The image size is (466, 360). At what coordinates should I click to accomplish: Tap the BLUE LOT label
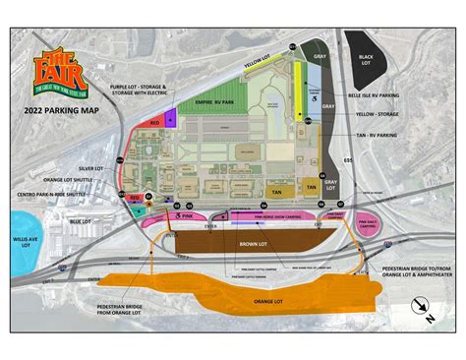(x=83, y=221)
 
